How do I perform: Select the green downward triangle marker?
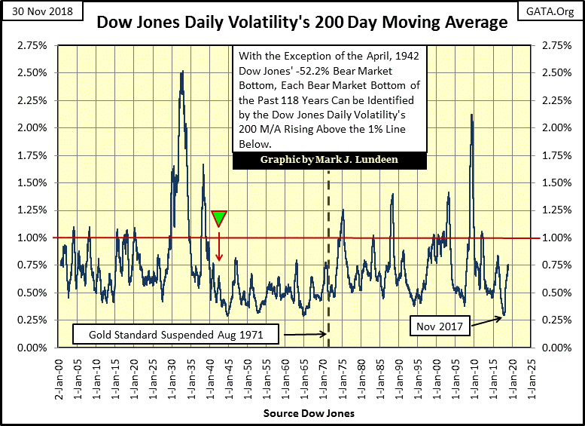pos(219,219)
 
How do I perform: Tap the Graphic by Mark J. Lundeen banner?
pos(330,161)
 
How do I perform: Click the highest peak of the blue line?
pos(181,72)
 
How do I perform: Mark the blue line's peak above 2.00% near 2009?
pos(471,115)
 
